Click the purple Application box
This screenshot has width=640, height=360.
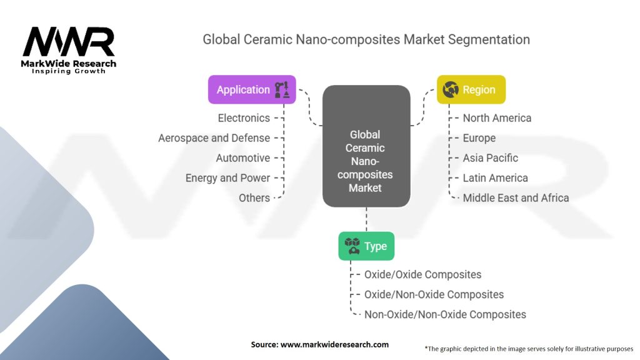click(x=251, y=89)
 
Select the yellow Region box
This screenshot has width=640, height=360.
click(x=471, y=89)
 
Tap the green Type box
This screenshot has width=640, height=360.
click(x=366, y=246)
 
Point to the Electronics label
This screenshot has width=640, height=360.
click(x=244, y=117)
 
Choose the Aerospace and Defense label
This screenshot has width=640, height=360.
click(x=214, y=137)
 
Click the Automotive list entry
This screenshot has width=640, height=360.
click(x=242, y=157)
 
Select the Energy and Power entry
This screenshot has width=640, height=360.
click(x=227, y=177)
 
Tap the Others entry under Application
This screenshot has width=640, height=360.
click(x=254, y=197)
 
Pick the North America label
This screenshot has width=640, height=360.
click(x=497, y=117)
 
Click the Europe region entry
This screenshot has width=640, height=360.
click(x=479, y=137)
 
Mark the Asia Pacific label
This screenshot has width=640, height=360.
click(x=490, y=157)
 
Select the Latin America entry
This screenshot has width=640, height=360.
click(x=495, y=177)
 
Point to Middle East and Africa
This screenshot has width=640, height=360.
click(x=516, y=197)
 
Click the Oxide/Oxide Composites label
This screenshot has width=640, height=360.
click(x=422, y=274)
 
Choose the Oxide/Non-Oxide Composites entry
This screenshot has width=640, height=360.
click(x=434, y=294)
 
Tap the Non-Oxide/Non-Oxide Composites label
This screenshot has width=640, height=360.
click(x=445, y=314)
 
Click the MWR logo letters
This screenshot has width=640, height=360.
click(x=69, y=42)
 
